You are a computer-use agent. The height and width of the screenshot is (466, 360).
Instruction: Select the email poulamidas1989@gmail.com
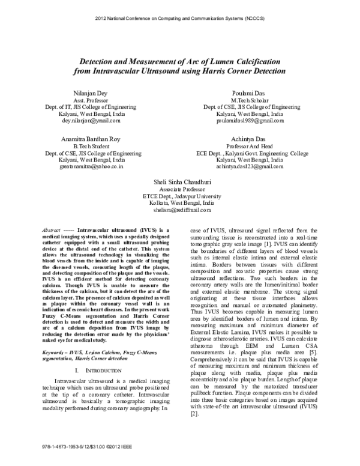click(250, 121)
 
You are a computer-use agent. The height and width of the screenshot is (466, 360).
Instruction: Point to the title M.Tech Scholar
click(250, 103)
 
